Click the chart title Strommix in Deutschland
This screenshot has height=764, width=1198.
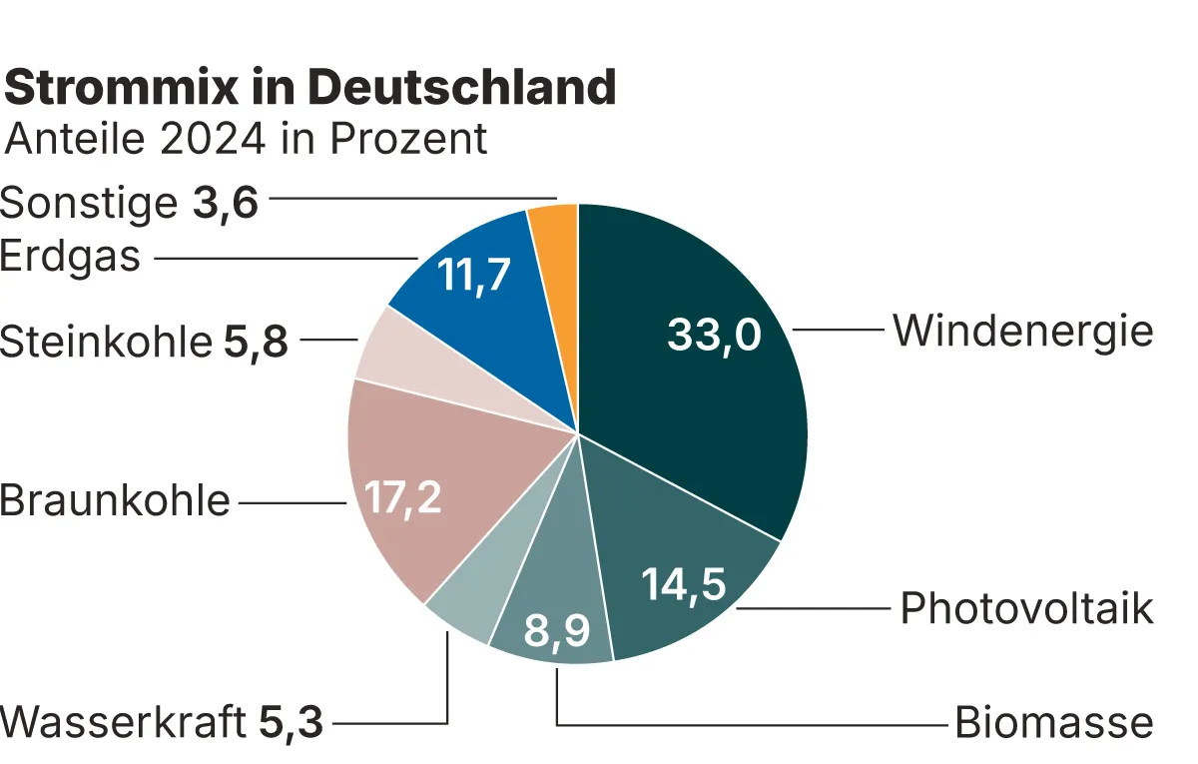coord(310,88)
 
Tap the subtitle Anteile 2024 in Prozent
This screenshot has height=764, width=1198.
coord(247,139)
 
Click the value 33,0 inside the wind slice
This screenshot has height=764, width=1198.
coord(715,336)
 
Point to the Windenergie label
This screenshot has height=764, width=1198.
coord(1022,331)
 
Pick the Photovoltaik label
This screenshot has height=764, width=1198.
coord(1026,608)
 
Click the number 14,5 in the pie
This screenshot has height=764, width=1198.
coord(683,585)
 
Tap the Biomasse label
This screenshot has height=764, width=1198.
coord(1053,722)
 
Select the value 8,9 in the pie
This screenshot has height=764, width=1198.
coord(557,631)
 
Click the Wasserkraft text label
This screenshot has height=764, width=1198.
coord(123,722)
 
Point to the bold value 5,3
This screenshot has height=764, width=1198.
coord(292,722)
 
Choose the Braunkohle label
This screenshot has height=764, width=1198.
coord(115,500)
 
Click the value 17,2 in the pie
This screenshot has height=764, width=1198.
coord(402,496)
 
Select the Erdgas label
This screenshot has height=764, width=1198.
coord(70,257)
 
